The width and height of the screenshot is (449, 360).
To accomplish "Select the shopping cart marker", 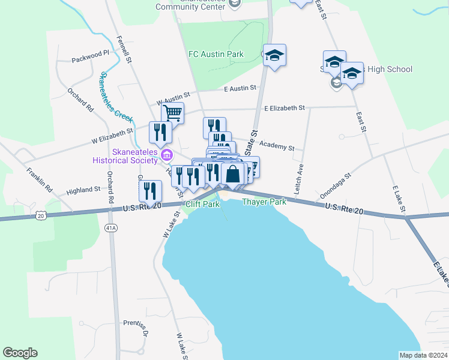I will (172, 112).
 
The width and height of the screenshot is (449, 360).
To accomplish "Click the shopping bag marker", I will (233, 174).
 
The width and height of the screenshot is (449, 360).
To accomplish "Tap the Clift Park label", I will (201, 204).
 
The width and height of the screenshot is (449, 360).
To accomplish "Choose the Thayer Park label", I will (264, 202).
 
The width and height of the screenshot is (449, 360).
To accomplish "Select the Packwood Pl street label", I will (90, 59).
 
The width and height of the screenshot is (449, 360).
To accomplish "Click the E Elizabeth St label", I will (285, 108).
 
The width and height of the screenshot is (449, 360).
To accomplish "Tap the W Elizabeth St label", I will (112, 136).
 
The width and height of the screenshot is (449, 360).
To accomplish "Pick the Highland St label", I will (83, 190).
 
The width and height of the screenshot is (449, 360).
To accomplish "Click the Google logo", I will (20, 353).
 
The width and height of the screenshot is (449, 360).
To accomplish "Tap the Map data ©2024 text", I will (423, 355).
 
